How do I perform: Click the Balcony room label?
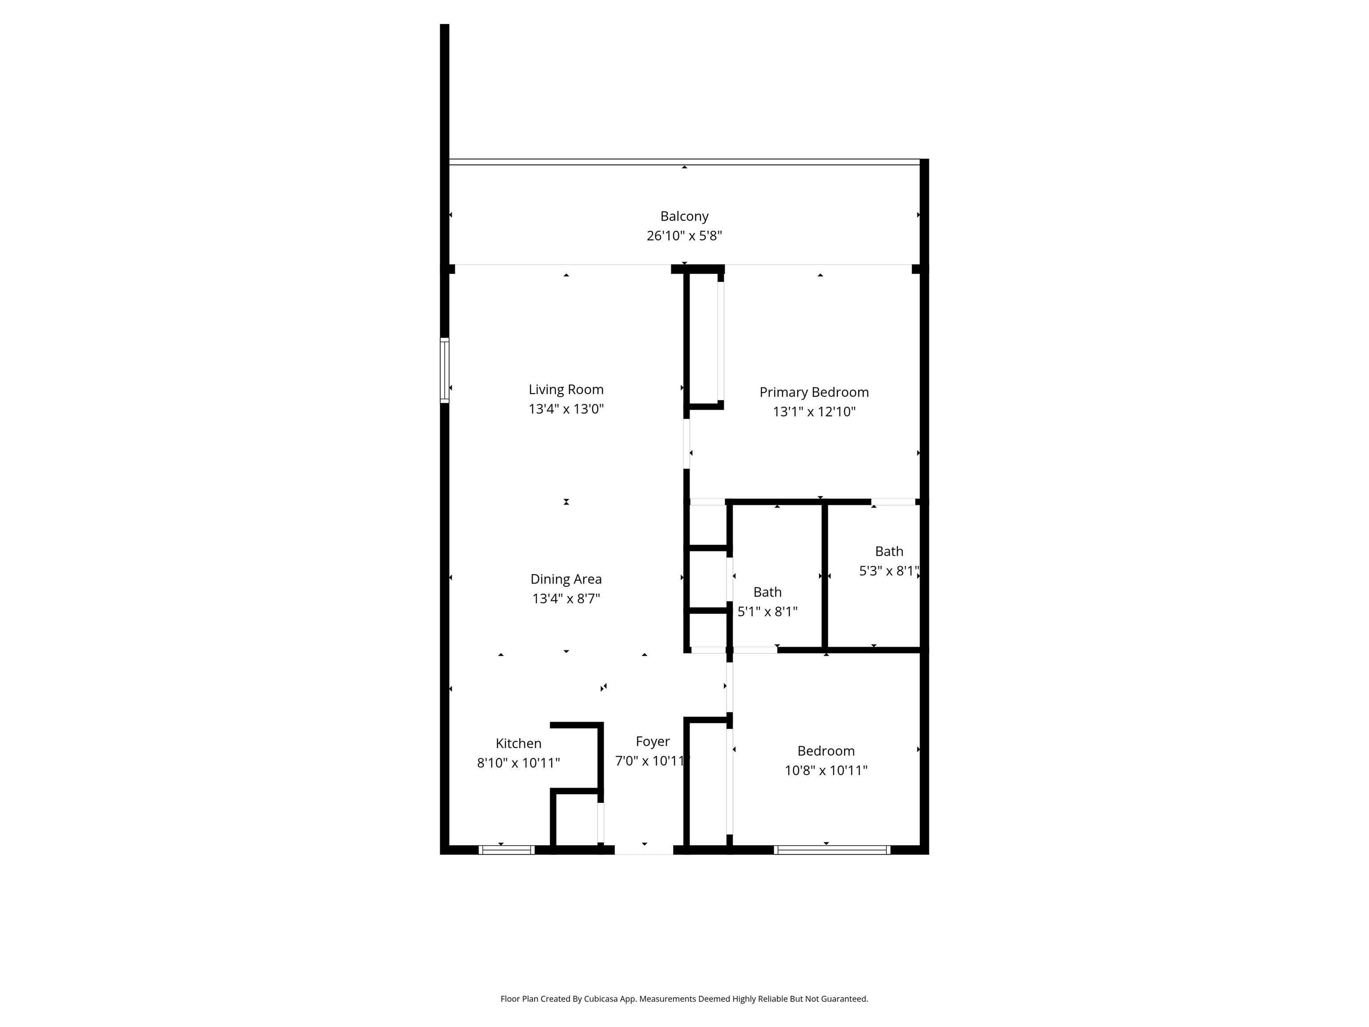[684, 217]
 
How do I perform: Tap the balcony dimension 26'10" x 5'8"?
[684, 236]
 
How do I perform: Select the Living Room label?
[566, 390]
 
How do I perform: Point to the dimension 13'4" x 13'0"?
[566, 409]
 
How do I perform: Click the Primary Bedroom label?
[814, 392]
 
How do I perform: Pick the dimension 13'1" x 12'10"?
[814, 412]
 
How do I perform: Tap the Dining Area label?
[566, 579]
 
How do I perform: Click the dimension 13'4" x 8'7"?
[566, 599]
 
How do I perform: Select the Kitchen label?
[518, 744]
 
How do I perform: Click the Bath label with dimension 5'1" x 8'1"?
[767, 592]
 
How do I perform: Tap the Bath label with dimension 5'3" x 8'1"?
[889, 551]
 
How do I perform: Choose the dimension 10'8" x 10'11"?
[826, 771]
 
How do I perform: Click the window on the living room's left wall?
[444, 370]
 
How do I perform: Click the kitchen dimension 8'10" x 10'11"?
[518, 763]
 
